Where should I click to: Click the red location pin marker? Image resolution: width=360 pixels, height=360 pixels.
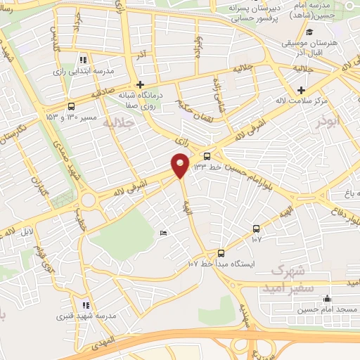[x=180, y=165]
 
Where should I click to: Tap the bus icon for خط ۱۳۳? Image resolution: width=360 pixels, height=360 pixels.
[x=207, y=156]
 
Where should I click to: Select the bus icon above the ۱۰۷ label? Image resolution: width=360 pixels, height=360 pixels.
[x=255, y=229]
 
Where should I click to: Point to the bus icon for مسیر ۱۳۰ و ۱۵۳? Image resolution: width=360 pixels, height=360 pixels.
[x=70, y=106]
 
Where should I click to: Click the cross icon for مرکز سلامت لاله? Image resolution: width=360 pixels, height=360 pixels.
[x=302, y=90]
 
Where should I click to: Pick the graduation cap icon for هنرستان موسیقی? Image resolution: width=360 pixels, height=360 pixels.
[x=310, y=32]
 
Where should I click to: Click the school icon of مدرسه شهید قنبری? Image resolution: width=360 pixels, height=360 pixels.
[x=86, y=305]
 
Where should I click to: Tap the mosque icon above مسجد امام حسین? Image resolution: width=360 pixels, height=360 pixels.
[x=326, y=298]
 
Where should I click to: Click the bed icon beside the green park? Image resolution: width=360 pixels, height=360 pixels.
[x=164, y=233]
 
